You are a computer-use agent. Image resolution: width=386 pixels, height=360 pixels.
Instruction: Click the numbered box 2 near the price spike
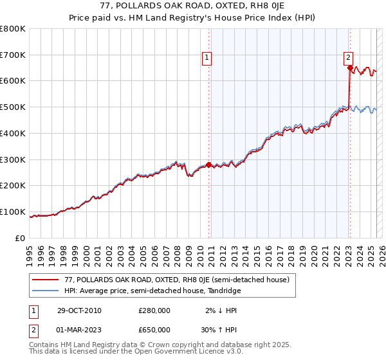(x=348, y=56)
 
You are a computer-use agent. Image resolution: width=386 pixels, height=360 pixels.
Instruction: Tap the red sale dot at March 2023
(x=349, y=67)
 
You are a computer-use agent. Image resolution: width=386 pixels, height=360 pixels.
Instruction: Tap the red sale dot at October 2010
(x=209, y=164)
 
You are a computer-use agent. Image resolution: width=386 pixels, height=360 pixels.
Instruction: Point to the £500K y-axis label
(x=13, y=107)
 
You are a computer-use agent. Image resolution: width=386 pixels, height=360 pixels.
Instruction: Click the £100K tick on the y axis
(x=13, y=212)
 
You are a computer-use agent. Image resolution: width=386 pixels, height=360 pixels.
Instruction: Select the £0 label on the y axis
(x=21, y=239)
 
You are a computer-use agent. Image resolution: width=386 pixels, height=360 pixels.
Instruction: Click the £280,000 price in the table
(x=154, y=310)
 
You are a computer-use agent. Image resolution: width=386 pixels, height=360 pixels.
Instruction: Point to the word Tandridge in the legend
(x=225, y=291)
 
